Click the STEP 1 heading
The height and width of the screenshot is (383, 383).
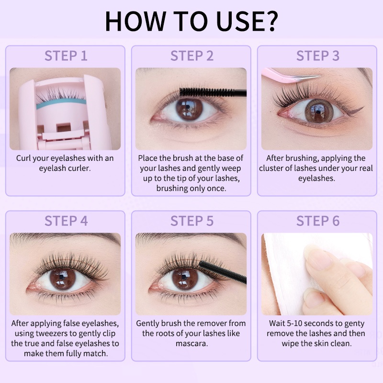(66, 56)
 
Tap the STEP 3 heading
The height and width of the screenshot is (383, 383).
(318, 56)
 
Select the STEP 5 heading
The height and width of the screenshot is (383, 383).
(192, 221)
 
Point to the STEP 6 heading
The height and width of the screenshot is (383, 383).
(318, 221)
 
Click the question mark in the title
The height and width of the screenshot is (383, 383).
(270, 21)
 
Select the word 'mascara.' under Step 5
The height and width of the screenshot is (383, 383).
(192, 343)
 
